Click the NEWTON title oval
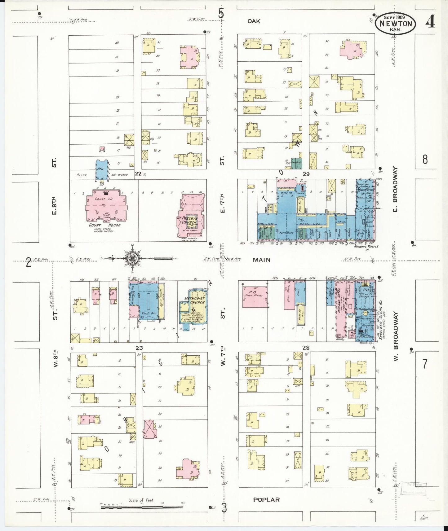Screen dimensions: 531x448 tap(395, 24)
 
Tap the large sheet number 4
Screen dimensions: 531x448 tap(429, 22)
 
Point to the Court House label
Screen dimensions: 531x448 tap(104, 225)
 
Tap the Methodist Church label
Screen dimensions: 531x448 tap(195, 300)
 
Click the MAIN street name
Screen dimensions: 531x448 tap(261, 260)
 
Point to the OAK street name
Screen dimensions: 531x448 tap(254, 21)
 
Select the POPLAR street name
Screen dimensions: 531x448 tap(266, 499)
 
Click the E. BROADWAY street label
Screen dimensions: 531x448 tap(395, 190)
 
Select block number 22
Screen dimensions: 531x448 tap(138, 174)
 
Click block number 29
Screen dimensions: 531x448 tap(306, 174)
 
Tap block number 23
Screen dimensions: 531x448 tap(139, 348)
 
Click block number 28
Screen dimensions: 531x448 tap(306, 348)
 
